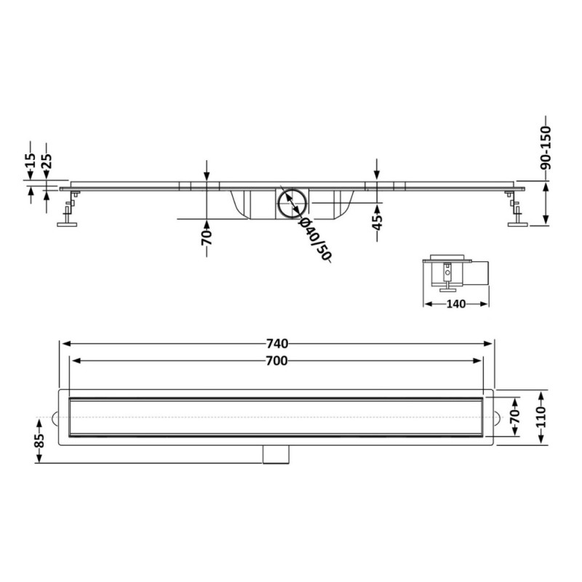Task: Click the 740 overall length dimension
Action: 277,343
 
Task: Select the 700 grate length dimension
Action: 277,360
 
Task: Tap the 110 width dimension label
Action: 541,417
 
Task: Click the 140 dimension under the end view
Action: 456,304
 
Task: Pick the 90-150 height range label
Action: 546,148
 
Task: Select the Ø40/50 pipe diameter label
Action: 315,239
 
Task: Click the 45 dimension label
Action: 377,223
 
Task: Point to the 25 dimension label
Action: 47,161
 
